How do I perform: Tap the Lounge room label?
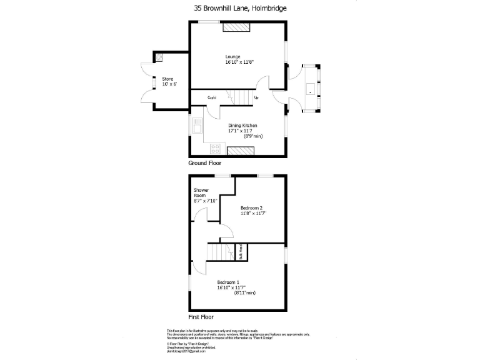pyautogui.click(x=232, y=57)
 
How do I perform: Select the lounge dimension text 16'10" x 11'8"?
pyautogui.click(x=239, y=62)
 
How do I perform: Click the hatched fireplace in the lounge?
pyautogui.click(x=237, y=27)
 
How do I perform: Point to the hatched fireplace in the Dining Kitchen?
pyautogui.click(x=241, y=150)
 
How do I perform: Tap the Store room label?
pyautogui.click(x=167, y=78)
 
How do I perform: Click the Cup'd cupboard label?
pyautogui.click(x=212, y=97)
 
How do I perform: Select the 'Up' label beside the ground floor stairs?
pyautogui.click(x=256, y=97)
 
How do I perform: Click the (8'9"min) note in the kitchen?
pyautogui.click(x=252, y=136)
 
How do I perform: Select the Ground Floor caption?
pyautogui.click(x=206, y=162)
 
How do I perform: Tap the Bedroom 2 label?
pyautogui.click(x=251, y=207)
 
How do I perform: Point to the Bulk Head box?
pyautogui.click(x=240, y=252)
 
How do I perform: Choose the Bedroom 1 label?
pyautogui.click(x=228, y=282)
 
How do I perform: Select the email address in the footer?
pyautogui.click(x=185, y=352)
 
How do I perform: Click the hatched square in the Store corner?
pyautogui.click(x=160, y=57)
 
